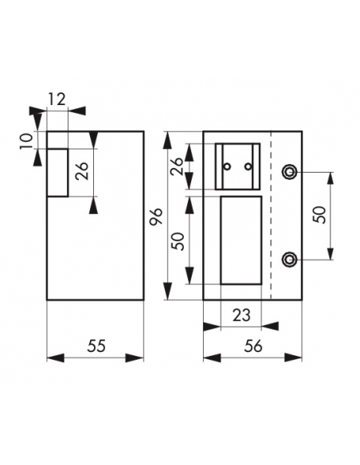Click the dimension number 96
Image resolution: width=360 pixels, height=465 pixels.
click(x=156, y=217)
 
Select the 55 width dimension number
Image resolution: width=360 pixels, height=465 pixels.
click(x=96, y=346)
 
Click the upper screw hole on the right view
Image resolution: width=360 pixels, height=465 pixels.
click(x=290, y=171)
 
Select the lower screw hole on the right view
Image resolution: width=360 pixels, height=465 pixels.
click(x=290, y=259)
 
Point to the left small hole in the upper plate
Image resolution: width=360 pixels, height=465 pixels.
click(x=228, y=166)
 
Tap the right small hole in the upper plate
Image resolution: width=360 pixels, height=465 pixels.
click(x=248, y=166)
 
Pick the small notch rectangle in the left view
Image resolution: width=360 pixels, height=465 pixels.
click(x=57, y=172)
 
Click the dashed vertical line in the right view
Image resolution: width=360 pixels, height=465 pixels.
click(x=272, y=215)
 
